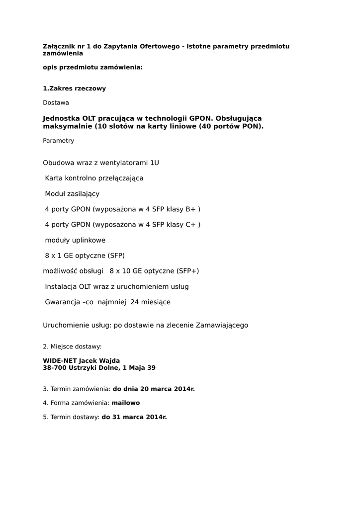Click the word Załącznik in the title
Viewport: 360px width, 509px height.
59,46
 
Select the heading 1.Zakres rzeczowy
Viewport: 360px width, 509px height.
74,88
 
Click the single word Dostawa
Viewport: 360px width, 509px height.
56,102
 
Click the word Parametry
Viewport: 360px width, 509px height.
58,141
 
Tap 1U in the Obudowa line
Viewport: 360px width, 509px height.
154,163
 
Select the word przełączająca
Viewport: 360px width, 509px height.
120,178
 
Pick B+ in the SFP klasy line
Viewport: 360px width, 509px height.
191,209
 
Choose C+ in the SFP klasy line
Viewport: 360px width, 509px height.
191,225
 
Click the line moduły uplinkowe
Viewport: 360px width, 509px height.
75,240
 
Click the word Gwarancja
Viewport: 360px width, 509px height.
63,302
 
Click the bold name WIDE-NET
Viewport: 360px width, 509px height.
60,360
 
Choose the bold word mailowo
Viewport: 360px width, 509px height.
126,403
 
